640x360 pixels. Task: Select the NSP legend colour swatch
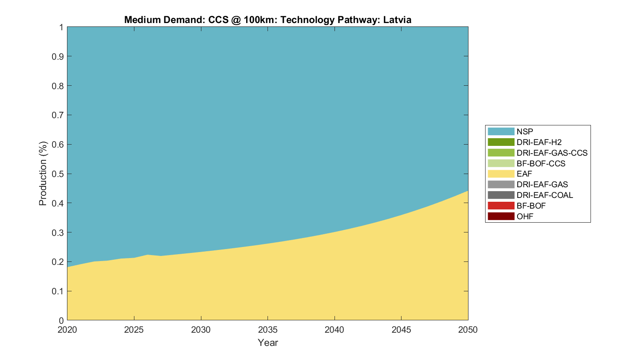tap(501, 131)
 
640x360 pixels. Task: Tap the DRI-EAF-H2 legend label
tap(539, 142)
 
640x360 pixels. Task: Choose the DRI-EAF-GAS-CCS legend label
tap(552, 153)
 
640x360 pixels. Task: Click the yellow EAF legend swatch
tap(501, 174)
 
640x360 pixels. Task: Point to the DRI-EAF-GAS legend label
tap(542, 184)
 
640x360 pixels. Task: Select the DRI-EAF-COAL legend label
tap(544, 195)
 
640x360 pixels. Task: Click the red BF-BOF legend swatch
tap(501, 206)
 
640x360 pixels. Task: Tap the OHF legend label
tap(525, 216)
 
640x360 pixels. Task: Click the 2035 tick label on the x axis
tap(268, 330)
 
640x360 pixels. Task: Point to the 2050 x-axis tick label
tap(468, 330)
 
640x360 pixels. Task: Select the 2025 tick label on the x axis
tap(134, 330)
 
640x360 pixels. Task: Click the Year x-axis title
tap(268, 343)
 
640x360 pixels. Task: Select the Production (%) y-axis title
tap(43, 174)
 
